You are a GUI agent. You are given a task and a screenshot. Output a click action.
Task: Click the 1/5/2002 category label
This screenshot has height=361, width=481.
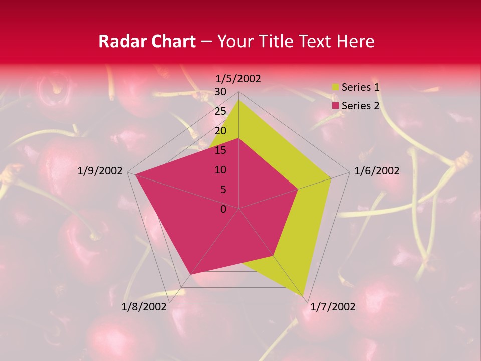pos(238,78)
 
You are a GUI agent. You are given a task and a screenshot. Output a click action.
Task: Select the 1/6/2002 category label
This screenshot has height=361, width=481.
pos(377,171)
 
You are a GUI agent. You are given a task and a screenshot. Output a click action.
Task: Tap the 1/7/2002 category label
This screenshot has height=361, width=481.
pos(333,307)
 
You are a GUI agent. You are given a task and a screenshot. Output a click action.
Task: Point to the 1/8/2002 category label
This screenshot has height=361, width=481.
pos(144,307)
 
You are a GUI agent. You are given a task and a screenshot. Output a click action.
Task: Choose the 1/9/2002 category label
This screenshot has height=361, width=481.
pos(100,171)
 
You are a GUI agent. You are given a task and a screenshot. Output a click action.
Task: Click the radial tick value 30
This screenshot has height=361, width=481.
pos(220,92)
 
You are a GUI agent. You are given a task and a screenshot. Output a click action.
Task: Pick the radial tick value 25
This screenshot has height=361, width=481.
pos(220,111)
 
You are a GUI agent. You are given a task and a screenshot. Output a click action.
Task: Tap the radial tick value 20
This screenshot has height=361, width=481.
pos(220,131)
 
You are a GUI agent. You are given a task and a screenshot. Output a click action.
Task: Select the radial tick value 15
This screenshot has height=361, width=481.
pos(220,150)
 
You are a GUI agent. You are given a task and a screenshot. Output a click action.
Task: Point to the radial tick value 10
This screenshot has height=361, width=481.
pos(220,170)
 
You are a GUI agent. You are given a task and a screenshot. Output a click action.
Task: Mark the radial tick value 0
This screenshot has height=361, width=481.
pos(223,209)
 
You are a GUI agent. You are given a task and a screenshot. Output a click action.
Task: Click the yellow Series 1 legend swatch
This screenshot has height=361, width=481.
pos(335,87)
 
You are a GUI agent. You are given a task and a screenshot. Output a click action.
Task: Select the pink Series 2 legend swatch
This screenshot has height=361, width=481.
pos(335,106)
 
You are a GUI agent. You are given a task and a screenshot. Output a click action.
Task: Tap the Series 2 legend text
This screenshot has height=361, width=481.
pos(360,106)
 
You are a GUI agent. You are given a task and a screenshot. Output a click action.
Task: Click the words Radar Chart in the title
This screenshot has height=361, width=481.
pos(147,41)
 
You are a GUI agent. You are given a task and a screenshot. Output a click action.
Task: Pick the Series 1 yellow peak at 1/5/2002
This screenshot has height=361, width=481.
pos(238,100)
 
